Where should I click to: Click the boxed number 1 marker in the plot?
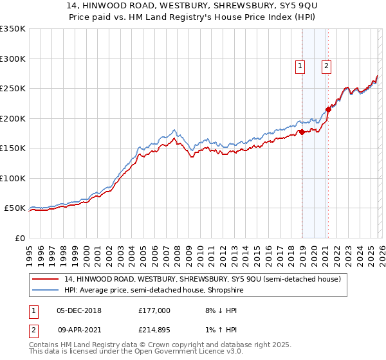coord(300,65)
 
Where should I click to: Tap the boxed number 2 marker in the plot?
coord(327,65)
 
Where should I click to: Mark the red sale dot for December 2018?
coord(301,132)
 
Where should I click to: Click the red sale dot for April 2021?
coord(328,109)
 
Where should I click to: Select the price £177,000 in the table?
coord(154,310)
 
